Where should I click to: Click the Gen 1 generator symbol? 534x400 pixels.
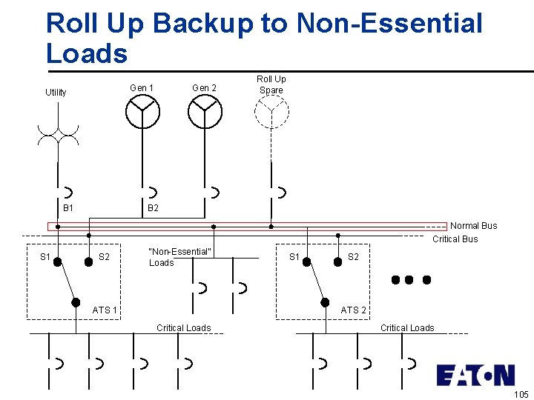142,112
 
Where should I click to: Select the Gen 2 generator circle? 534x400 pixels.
205,112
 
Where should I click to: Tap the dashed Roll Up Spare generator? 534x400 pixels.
271,112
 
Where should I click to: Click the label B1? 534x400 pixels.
68,208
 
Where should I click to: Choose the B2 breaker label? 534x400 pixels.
153,208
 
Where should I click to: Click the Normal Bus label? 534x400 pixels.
474,226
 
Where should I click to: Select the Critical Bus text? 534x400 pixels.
455,239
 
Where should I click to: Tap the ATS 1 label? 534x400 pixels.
105,310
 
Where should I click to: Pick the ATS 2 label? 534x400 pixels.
354,310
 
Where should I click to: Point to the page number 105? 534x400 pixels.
521,393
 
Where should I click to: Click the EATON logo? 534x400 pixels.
475,375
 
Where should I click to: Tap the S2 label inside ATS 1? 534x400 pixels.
105,257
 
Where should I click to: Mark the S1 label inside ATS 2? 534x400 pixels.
294,257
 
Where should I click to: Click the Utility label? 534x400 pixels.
56,93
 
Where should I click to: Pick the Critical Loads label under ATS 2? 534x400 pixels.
407,327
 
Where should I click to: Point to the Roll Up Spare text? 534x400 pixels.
271,84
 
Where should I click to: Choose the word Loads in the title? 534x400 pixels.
87,53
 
